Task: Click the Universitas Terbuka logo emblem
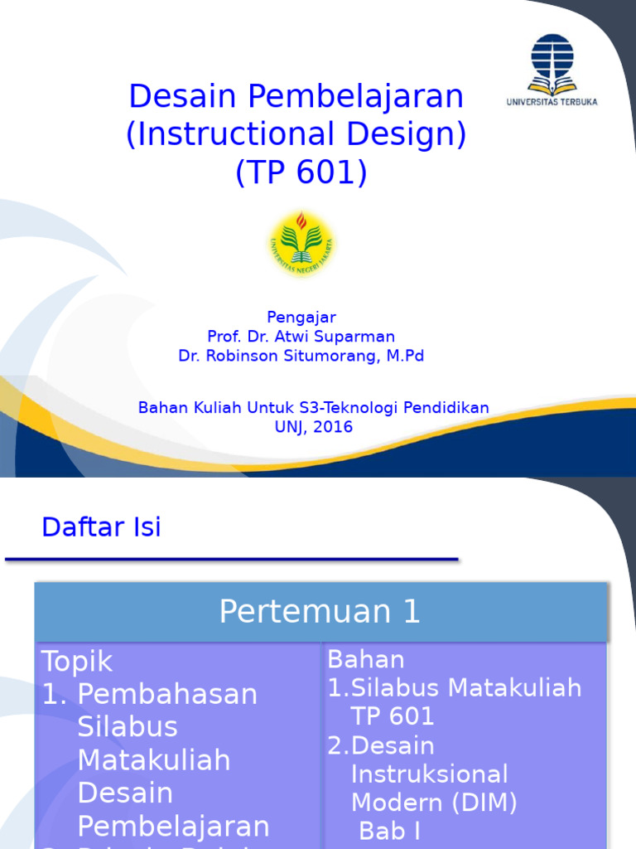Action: click(x=551, y=63)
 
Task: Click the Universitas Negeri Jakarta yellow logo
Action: click(x=301, y=243)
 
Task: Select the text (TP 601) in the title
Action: click(x=301, y=172)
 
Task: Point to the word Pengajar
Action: click(x=301, y=318)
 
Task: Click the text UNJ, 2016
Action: click(x=313, y=427)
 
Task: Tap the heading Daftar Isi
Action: click(x=102, y=527)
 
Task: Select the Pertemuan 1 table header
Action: click(x=320, y=612)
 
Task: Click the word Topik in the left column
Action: click(x=77, y=662)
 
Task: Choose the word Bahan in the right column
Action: click(x=366, y=660)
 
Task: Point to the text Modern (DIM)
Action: click(x=434, y=802)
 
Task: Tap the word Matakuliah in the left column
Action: click(x=154, y=759)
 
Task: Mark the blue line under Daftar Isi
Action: click(x=232, y=560)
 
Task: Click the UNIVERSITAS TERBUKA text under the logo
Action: click(x=552, y=102)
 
